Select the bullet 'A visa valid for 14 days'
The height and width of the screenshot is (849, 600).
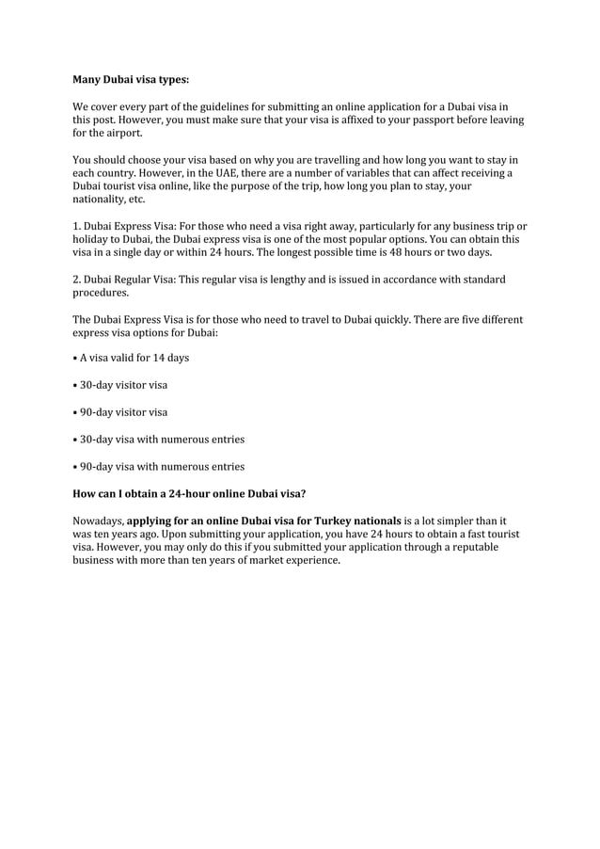(134, 358)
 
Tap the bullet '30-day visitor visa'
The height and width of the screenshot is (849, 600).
(123, 385)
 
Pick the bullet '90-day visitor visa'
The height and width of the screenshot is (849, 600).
(123, 412)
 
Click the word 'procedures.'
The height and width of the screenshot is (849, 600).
(101, 293)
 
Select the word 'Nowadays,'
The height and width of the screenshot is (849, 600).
(98, 521)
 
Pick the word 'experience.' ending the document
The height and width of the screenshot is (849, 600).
(310, 560)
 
